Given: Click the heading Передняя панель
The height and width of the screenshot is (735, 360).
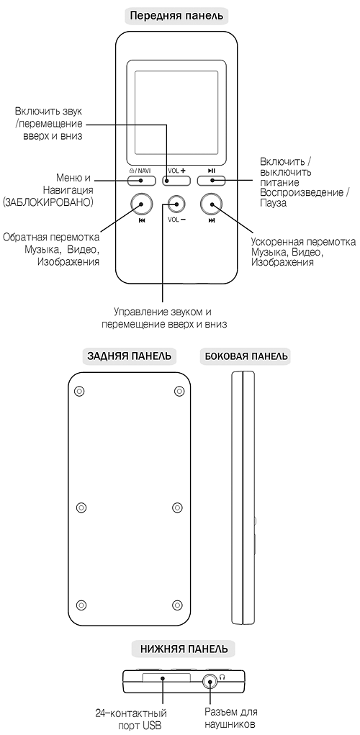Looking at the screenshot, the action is coord(176,16).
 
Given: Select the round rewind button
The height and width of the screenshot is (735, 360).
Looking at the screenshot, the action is coord(141,204).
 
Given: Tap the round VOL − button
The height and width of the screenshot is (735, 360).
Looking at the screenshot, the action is coord(176,204).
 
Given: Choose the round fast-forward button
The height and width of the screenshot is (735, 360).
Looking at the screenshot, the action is coord(212,204).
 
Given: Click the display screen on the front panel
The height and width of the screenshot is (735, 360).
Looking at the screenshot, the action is coord(176,112).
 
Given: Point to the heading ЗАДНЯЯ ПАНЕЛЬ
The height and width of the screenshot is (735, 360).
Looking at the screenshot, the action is coord(129,356).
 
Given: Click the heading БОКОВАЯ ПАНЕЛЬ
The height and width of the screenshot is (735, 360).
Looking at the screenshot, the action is coord(246,356).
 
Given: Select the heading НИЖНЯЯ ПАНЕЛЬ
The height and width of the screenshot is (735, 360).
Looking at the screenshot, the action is coord(184,649).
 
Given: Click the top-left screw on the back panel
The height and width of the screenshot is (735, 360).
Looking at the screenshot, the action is coord(79,391).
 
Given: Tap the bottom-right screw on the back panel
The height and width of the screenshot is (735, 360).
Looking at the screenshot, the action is coord(176,604).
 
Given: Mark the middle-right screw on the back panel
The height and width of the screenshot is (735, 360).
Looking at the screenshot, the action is coord(176,507).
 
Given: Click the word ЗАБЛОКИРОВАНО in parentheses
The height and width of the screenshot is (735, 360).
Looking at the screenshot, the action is coord(48,202).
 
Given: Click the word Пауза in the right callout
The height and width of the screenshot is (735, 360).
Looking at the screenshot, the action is coord(273,204).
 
